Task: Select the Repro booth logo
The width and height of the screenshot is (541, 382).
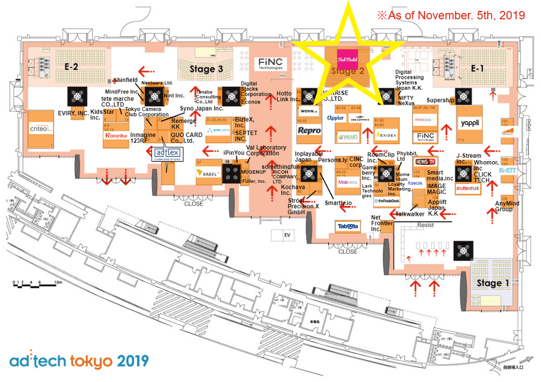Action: point(309,131)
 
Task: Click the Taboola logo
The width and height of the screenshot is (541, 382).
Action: point(348,227)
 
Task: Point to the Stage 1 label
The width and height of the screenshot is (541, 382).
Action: point(493,284)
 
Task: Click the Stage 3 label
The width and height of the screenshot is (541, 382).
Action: point(205,68)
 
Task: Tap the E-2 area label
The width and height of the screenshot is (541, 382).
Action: point(71,67)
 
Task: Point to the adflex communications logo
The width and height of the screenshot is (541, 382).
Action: point(165,154)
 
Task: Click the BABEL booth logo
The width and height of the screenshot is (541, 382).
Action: point(206,173)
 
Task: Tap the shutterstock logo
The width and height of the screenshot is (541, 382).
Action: point(467,188)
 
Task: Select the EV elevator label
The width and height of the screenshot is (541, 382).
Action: point(288,235)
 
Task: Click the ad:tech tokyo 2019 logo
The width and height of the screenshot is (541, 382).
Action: point(79,361)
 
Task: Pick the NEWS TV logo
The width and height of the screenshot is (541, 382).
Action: point(424,162)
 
